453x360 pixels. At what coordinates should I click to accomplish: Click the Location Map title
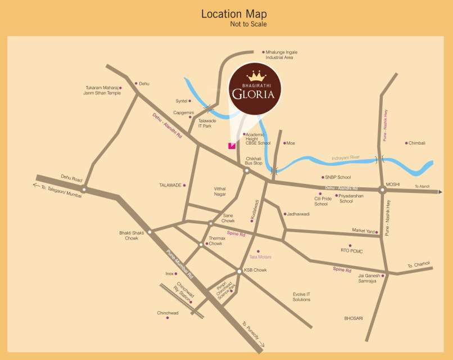click(234, 14)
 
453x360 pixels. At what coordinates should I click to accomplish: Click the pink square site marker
click(231, 146)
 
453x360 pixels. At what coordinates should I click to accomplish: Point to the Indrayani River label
click(353, 158)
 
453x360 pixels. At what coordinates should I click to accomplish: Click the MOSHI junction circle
click(382, 190)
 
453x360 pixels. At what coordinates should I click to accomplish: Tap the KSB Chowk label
click(256, 270)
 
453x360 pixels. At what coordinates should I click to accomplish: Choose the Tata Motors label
click(260, 257)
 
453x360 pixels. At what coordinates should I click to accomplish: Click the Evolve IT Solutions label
click(301, 297)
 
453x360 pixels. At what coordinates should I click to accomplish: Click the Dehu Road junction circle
click(83, 189)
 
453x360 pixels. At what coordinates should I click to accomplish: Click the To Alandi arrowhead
click(441, 192)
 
